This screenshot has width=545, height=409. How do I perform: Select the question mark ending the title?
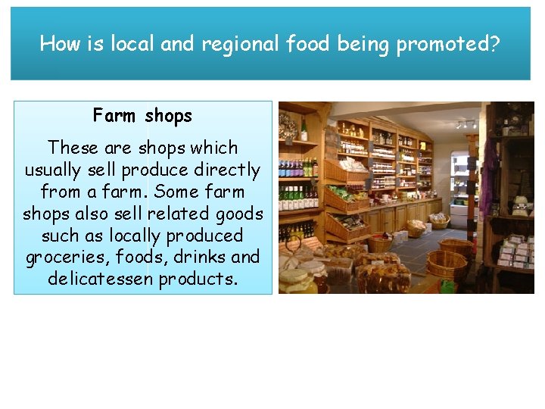(x=496, y=44)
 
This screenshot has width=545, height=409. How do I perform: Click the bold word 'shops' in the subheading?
(x=168, y=117)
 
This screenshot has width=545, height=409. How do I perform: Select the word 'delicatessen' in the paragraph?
(x=101, y=279)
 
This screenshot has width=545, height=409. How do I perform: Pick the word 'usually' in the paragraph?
(x=53, y=170)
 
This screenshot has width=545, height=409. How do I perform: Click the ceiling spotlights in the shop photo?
(x=466, y=123)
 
